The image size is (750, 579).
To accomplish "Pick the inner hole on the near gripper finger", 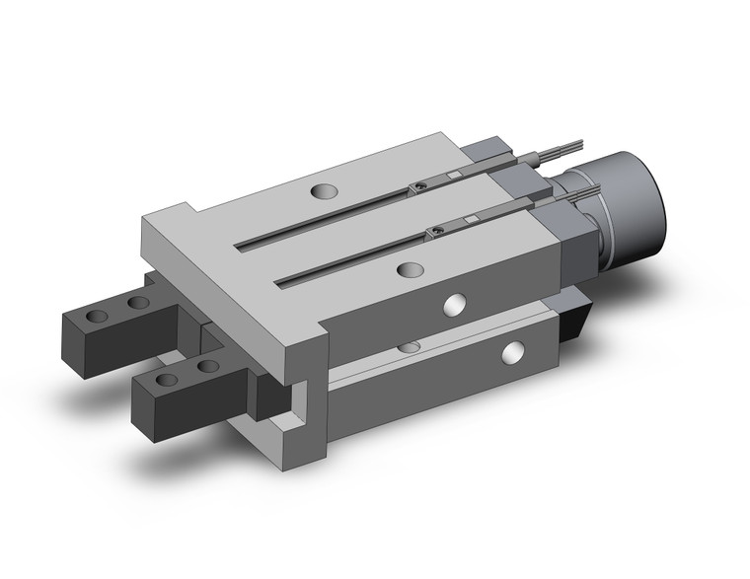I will point(205,366).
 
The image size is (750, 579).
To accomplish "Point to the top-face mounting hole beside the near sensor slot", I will point(406,268).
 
